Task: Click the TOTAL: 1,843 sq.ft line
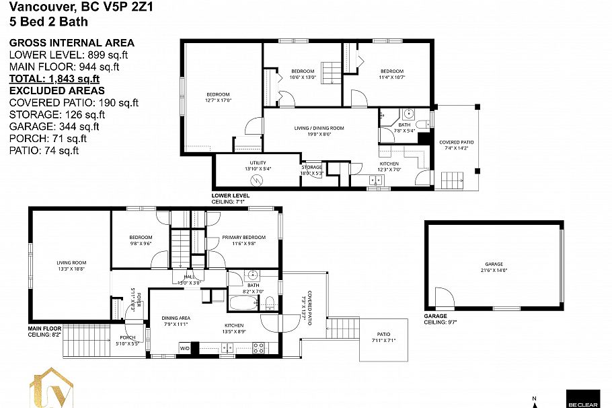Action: tap(54, 79)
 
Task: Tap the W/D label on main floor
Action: tap(184, 349)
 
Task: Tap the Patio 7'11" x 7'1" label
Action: tap(383, 337)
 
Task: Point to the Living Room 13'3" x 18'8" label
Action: tap(71, 265)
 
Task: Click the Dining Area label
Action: tap(176, 321)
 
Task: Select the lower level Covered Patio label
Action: tap(456, 145)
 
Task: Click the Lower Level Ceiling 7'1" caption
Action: tap(231, 199)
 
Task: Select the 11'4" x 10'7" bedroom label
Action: tap(391, 74)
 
